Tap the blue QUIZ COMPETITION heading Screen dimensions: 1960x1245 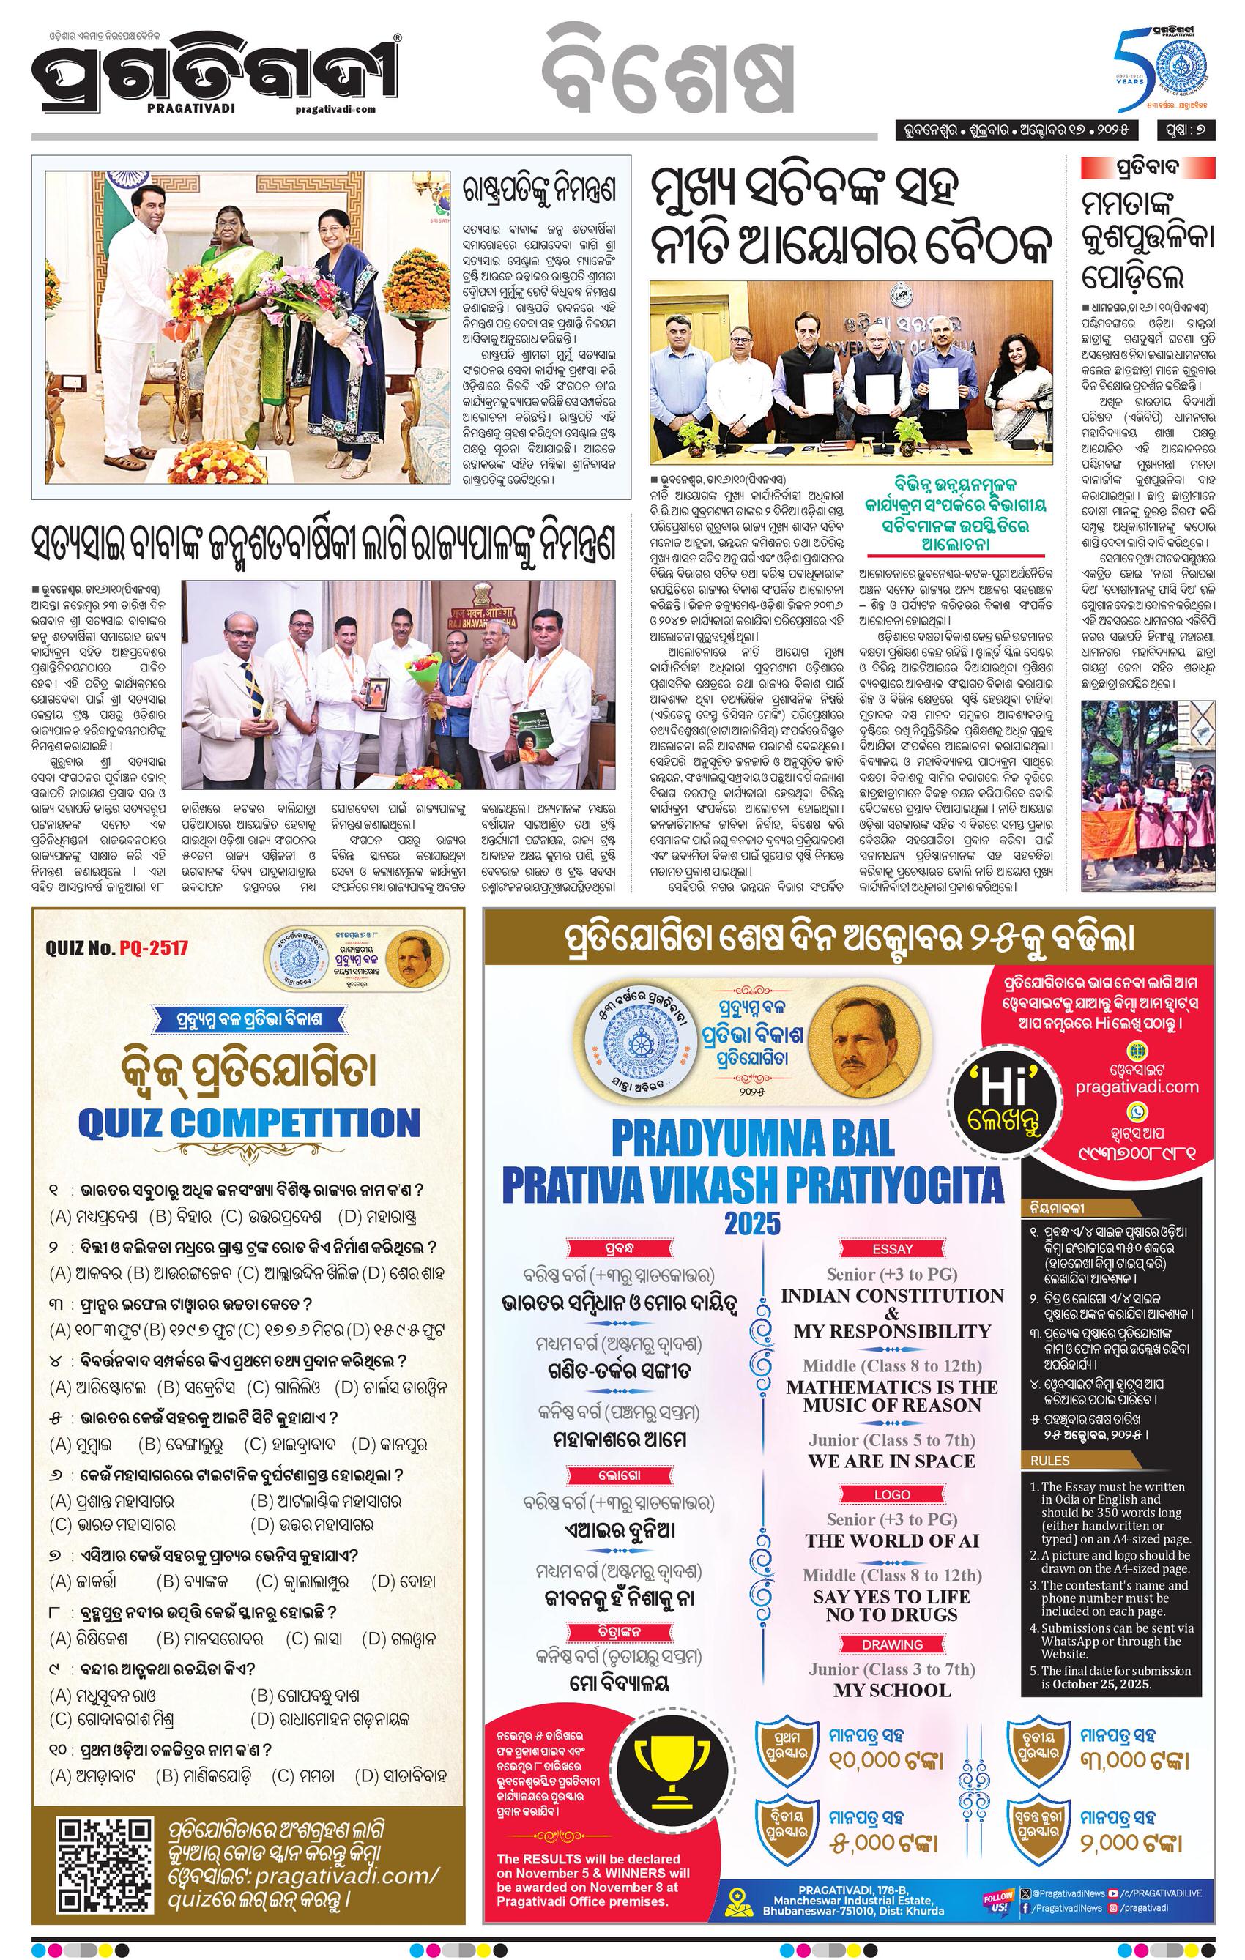[x=248, y=1123]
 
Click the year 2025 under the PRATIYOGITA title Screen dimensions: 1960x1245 [x=752, y=1223]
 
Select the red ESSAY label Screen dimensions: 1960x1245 [x=893, y=1248]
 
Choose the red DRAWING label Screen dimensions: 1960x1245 [x=893, y=1644]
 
